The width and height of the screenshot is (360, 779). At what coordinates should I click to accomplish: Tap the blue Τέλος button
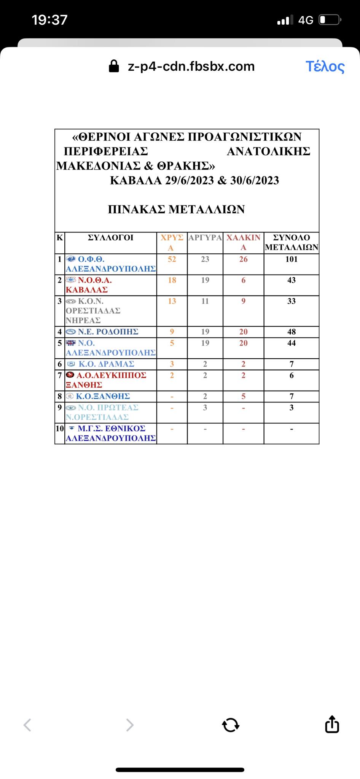pos(325,67)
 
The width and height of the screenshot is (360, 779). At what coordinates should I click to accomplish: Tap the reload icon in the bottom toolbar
pos(231,725)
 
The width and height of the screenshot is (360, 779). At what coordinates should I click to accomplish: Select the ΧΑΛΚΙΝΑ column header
pos(244,242)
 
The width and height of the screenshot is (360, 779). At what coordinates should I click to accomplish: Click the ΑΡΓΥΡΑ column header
pos(205,238)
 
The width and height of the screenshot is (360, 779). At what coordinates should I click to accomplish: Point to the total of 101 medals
pos(292,259)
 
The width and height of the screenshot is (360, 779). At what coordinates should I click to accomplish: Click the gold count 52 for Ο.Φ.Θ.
pos(172,259)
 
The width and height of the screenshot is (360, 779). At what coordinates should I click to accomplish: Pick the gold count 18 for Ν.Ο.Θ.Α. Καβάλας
pos(172,280)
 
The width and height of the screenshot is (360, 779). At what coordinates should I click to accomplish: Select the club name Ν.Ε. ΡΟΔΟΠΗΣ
pos(108,332)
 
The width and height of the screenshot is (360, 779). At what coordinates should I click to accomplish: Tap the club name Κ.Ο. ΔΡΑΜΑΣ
pos(106,364)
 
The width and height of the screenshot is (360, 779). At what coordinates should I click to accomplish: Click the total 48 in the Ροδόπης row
pos(292,332)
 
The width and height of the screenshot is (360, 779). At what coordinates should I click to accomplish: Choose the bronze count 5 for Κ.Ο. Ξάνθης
pos(244,396)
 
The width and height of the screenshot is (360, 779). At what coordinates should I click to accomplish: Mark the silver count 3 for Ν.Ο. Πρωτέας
pos(205,408)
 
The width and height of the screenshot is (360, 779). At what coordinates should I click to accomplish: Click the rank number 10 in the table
pos(60,429)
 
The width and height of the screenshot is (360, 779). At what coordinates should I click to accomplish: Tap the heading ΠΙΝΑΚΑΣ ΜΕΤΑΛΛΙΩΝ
pos(176,210)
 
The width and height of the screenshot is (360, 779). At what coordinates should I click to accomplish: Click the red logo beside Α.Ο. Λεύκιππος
pos(70,375)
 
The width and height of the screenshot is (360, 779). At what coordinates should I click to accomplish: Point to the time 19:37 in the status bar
pos(49,20)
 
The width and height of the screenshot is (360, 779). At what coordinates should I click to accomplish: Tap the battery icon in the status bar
pos(329,20)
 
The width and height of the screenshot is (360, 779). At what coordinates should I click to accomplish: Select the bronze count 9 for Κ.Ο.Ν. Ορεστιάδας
pos(244,301)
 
